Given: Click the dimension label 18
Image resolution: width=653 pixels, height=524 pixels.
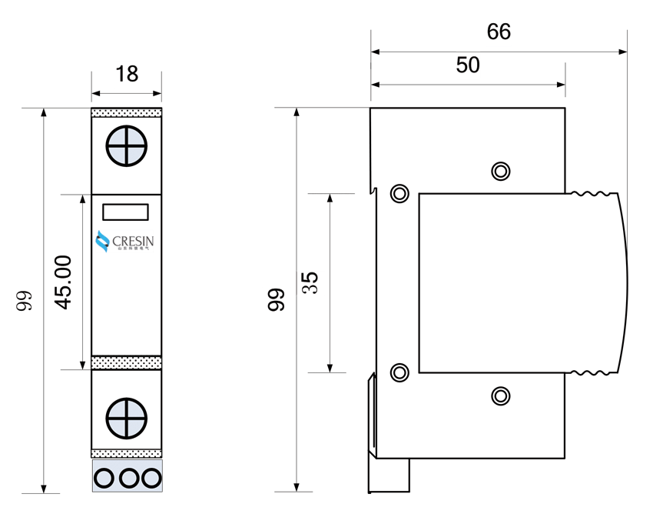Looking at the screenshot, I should click(126, 74).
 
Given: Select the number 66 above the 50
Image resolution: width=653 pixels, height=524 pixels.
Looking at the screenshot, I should click(499, 32).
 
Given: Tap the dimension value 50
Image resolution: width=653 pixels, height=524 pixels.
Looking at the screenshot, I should click(468, 65).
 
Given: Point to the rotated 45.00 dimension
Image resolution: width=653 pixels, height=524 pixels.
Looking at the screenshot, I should click(64, 282).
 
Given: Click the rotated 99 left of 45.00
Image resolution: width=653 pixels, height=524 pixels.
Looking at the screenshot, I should click(25, 300).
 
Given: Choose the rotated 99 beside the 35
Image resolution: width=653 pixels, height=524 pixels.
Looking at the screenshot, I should click(277, 299).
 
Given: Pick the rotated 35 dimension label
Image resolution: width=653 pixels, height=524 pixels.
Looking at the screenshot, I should click(310, 282).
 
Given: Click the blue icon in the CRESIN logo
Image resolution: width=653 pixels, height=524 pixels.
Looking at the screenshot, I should click(103, 242).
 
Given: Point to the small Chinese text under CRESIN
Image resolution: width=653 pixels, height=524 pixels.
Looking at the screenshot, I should click(133, 249).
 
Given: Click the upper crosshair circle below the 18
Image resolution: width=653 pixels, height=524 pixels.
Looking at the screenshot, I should click(127, 146).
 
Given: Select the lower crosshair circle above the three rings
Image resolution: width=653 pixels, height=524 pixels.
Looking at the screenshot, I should click(127, 419).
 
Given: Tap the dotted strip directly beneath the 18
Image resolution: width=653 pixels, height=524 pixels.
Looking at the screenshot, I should click(127, 113).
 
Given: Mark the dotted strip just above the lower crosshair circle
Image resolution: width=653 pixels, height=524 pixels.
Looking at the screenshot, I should click(127, 362).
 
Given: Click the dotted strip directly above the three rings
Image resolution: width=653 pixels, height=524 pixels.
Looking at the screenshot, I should click(127, 454).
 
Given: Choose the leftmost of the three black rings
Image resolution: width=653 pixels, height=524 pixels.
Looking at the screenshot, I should click(104, 479).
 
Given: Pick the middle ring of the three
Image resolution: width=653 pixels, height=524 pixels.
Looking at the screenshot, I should click(128, 479).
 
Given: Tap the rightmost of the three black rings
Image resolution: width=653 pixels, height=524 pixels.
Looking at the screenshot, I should click(151, 479).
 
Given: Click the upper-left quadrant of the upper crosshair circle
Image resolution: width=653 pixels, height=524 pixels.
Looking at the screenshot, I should click(118, 138).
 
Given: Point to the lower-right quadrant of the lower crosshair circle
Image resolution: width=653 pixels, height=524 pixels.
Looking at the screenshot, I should click(135, 427).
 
